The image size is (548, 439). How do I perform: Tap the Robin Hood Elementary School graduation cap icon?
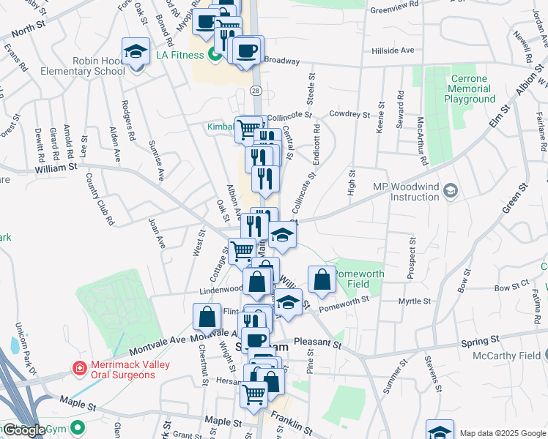pyautogui.click(x=135, y=52)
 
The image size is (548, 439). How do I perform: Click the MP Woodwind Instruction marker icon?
pyautogui.click(x=451, y=192)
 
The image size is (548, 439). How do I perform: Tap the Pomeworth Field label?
pyautogui.click(x=358, y=278)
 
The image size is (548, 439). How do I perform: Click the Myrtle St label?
pyautogui.click(x=415, y=301)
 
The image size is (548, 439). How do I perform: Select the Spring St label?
pyautogui.click(x=480, y=340)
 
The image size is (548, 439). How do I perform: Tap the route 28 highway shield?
pyautogui.click(x=255, y=90)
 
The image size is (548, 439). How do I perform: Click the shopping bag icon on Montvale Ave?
pyautogui.click(x=207, y=316)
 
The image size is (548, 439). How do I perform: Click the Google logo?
pyautogui.click(x=23, y=430)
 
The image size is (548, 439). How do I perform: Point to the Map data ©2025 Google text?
pyautogui.click(x=502, y=432)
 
